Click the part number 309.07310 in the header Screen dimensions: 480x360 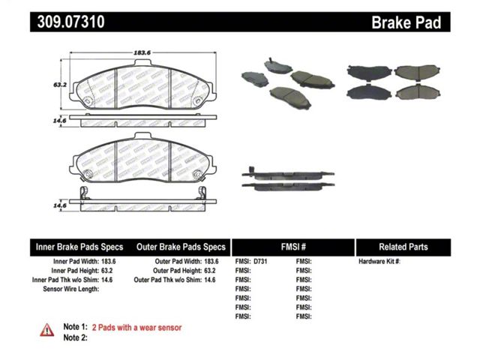pos(71,22)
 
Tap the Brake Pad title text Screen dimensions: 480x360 pos(406,22)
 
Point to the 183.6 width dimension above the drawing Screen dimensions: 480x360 pos(142,52)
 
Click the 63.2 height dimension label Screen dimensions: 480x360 pos(60,85)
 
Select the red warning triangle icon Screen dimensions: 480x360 pos(47,330)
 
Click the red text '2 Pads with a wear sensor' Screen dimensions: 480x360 pos(136,328)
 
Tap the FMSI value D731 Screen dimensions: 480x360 pos(260,262)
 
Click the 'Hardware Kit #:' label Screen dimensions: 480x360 pos(379,262)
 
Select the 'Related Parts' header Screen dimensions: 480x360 pos(403,247)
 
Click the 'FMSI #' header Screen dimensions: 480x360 pos(293,247)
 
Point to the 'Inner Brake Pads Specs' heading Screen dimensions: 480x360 pos(79,247)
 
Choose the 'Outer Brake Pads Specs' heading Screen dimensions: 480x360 pos(181,247)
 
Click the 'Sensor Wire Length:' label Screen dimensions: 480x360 pos(71,289)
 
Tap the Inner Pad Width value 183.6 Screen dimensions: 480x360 pos(108,262)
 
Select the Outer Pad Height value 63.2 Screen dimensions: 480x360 pos(210,271)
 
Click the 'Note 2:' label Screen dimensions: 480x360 pos(75,337)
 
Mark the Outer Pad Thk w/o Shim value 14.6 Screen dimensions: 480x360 pos(210,280)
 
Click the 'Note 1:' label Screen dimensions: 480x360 pos(75,327)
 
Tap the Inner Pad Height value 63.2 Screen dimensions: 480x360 pos(107,271)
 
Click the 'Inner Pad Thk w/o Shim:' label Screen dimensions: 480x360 pos(65,280)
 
